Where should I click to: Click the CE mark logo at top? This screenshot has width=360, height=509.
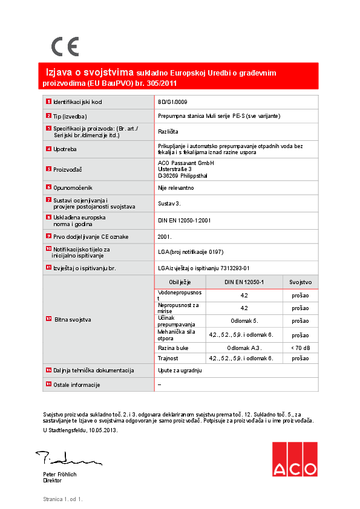click(x=65, y=47)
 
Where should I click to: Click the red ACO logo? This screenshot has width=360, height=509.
click(x=294, y=459)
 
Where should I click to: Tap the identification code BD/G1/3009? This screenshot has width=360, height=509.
click(x=172, y=102)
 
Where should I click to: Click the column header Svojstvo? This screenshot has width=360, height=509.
click(x=300, y=282)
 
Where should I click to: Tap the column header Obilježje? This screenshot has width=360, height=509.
click(x=180, y=282)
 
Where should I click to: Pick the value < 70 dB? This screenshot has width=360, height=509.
click(x=300, y=348)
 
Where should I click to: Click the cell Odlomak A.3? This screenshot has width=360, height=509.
click(x=244, y=348)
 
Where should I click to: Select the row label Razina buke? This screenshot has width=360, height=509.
click(x=172, y=348)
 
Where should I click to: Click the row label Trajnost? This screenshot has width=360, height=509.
click(x=169, y=358)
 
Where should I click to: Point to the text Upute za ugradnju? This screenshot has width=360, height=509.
click(x=180, y=370)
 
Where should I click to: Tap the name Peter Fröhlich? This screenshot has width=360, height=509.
click(x=60, y=475)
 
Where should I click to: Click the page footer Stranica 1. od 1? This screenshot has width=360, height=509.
click(x=62, y=499)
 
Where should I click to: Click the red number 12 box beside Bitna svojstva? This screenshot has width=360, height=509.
click(x=48, y=318)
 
